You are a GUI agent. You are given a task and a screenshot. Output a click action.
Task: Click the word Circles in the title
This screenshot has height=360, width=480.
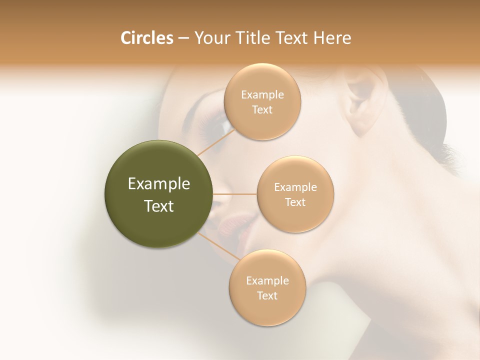point(146,38)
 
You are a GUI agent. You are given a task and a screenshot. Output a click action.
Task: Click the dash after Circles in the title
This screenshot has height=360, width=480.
point(183,38)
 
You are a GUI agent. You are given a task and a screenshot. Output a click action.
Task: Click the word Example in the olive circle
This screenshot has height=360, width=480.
point(159,184)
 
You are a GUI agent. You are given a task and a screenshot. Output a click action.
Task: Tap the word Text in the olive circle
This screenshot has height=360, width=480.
point(159,206)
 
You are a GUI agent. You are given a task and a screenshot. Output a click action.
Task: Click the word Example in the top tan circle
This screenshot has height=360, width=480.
point(262,95)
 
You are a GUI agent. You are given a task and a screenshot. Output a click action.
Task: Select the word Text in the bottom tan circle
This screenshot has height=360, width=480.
point(267,295)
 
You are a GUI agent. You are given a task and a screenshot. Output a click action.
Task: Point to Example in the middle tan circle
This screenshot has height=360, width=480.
point(295,187)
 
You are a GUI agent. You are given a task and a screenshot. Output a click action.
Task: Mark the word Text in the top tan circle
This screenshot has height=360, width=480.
point(262,110)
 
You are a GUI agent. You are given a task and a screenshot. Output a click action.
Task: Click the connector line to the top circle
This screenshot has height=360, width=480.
point(216,142)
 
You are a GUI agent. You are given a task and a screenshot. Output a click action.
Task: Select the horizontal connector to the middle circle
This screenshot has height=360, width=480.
point(235,194)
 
